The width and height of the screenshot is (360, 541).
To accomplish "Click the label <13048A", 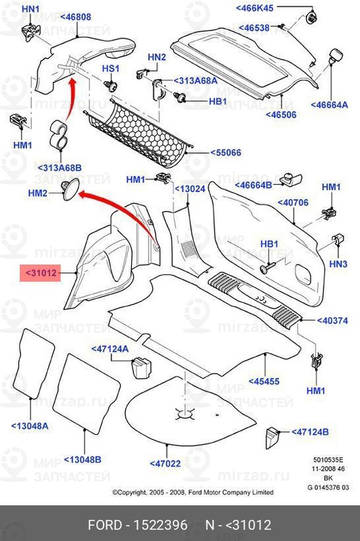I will click(x=30, y=426).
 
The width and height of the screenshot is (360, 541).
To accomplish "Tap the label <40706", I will click(x=293, y=202).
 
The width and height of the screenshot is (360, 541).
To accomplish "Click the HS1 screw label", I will click(x=110, y=69).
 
